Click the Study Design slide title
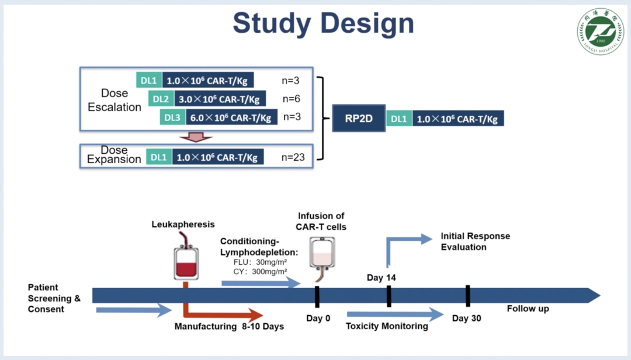323,24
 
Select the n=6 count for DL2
292,99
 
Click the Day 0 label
318,319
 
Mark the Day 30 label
467,319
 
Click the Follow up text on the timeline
528,309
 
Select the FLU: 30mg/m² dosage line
259,262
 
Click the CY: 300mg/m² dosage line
259,271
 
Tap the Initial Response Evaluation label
475,241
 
